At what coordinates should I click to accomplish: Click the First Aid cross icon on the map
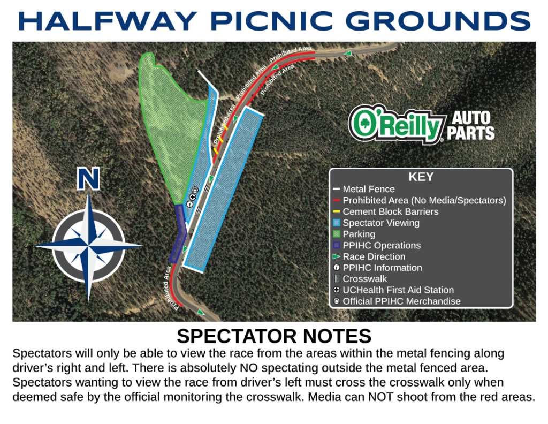(x=192, y=197)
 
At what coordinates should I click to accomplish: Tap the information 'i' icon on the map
(x=190, y=204)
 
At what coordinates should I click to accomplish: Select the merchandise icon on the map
(x=195, y=191)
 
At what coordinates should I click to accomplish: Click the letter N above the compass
(x=88, y=179)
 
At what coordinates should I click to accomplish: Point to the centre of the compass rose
(x=88, y=245)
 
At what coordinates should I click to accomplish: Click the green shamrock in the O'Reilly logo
(x=362, y=123)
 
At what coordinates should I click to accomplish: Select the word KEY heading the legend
(x=421, y=177)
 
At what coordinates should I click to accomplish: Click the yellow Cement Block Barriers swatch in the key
(x=336, y=211)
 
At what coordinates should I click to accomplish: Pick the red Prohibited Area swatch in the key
(x=336, y=200)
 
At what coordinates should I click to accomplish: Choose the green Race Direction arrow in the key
(x=337, y=256)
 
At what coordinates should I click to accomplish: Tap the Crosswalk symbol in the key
(x=337, y=278)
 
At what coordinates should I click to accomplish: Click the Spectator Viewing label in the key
(x=381, y=223)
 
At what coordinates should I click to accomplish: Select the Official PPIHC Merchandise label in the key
(x=401, y=301)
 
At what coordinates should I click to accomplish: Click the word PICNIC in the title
(x=271, y=21)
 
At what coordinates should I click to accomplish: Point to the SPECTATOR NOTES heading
(x=274, y=336)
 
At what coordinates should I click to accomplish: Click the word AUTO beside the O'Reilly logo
(x=471, y=118)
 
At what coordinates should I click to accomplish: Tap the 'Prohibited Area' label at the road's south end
(x=171, y=288)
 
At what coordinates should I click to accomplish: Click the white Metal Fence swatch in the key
(x=336, y=189)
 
